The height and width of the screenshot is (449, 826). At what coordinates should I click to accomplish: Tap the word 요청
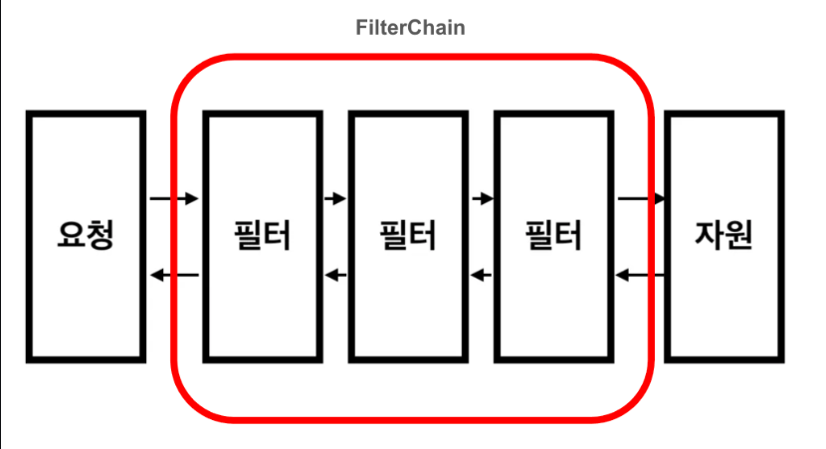coord(87,235)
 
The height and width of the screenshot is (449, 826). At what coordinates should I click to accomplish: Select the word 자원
coord(723,235)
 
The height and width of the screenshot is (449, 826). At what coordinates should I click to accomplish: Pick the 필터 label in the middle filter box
coord(408,236)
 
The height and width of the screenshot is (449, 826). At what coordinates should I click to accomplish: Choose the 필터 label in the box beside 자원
coord(553,236)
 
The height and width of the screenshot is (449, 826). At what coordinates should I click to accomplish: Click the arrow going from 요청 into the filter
coord(174,199)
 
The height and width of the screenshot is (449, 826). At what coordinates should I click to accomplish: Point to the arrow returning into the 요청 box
coord(174,275)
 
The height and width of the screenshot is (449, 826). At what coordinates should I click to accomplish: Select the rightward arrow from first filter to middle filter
coord(333,199)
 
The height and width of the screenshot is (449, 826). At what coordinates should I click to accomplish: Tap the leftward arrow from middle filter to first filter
coord(333,275)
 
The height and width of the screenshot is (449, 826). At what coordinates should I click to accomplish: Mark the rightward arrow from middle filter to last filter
coord(481,199)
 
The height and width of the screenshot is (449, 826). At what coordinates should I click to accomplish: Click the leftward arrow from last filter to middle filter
coord(481,275)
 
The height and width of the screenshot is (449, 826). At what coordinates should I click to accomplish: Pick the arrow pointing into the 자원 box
coord(641,199)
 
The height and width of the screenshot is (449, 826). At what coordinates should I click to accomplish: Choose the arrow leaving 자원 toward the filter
coord(641,275)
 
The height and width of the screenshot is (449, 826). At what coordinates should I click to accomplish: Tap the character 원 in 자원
coord(739,235)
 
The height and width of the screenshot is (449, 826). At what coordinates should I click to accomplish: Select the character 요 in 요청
coord(71,235)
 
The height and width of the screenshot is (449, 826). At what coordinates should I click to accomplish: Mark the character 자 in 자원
coord(708,235)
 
